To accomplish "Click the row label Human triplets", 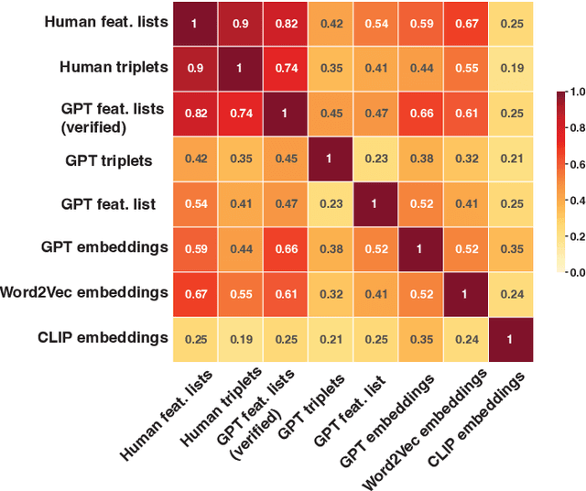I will tap(114, 67).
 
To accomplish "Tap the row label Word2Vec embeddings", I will tap(84, 292).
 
